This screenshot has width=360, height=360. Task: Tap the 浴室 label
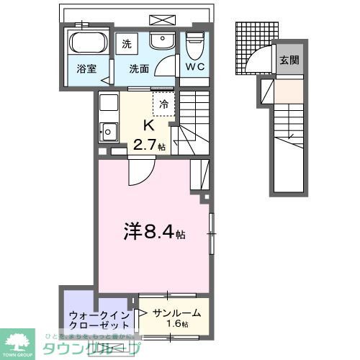[x=86, y=70]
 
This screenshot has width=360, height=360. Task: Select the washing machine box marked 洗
[x=127, y=42]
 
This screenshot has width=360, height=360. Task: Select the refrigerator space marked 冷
[x=163, y=104]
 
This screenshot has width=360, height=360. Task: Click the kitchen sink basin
[x=109, y=132]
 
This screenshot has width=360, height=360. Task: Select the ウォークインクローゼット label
[x=99, y=320]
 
